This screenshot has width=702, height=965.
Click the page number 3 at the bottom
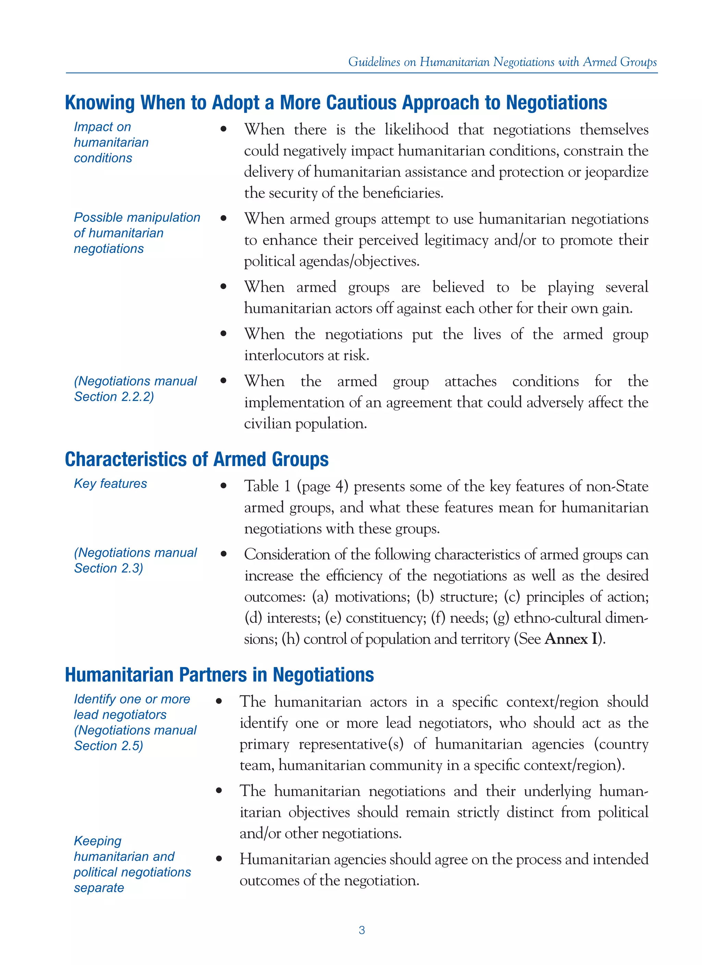(361, 930)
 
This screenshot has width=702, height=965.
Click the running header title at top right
(503, 62)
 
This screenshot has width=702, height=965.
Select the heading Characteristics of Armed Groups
(197, 460)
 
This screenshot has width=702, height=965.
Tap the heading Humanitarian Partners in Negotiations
(219, 675)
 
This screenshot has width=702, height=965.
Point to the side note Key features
(110, 484)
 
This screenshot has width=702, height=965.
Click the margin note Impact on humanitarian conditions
(111, 142)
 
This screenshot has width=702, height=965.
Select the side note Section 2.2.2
(114, 396)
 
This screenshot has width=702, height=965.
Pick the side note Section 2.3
(109, 569)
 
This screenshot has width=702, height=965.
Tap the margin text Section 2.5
(109, 746)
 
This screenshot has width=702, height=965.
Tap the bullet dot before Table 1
(223, 486)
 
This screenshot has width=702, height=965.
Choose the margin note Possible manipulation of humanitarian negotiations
(137, 233)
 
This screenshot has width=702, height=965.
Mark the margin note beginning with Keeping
(132, 864)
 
